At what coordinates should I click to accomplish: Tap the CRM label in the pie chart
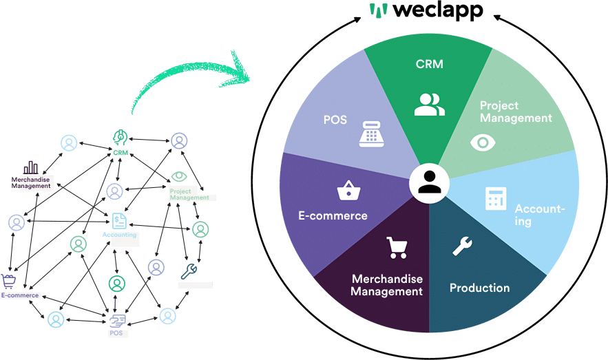(429, 65)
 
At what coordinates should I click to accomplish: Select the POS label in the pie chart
(335, 120)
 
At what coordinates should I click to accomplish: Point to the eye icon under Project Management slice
(482, 142)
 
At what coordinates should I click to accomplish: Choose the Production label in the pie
(479, 288)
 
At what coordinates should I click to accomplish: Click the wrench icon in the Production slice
(461, 246)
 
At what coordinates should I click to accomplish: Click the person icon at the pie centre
(429, 183)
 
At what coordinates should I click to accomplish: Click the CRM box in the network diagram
(121, 152)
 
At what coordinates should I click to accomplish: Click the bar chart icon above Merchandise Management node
(31, 167)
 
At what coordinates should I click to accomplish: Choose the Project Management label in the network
(189, 194)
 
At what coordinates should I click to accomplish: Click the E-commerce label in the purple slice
(333, 215)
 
